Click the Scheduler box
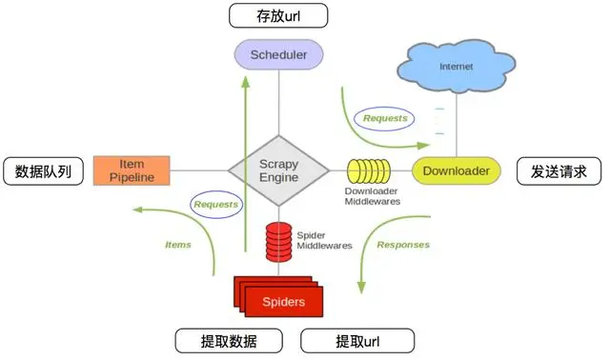pos(278,55)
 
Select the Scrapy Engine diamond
pos(278,170)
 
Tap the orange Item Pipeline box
pos(132,170)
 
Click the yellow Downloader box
pos(457,170)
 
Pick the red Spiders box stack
pos(280,299)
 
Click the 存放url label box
pos(279,16)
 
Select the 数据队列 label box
pos(43,172)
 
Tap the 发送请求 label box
pos(558,172)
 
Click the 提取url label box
pos(357,341)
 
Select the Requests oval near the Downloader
pos(385,119)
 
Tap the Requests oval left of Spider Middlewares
pos(215,204)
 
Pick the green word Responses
pos(403,245)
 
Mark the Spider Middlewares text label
pos(317,239)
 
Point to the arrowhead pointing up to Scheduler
pos(246,80)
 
